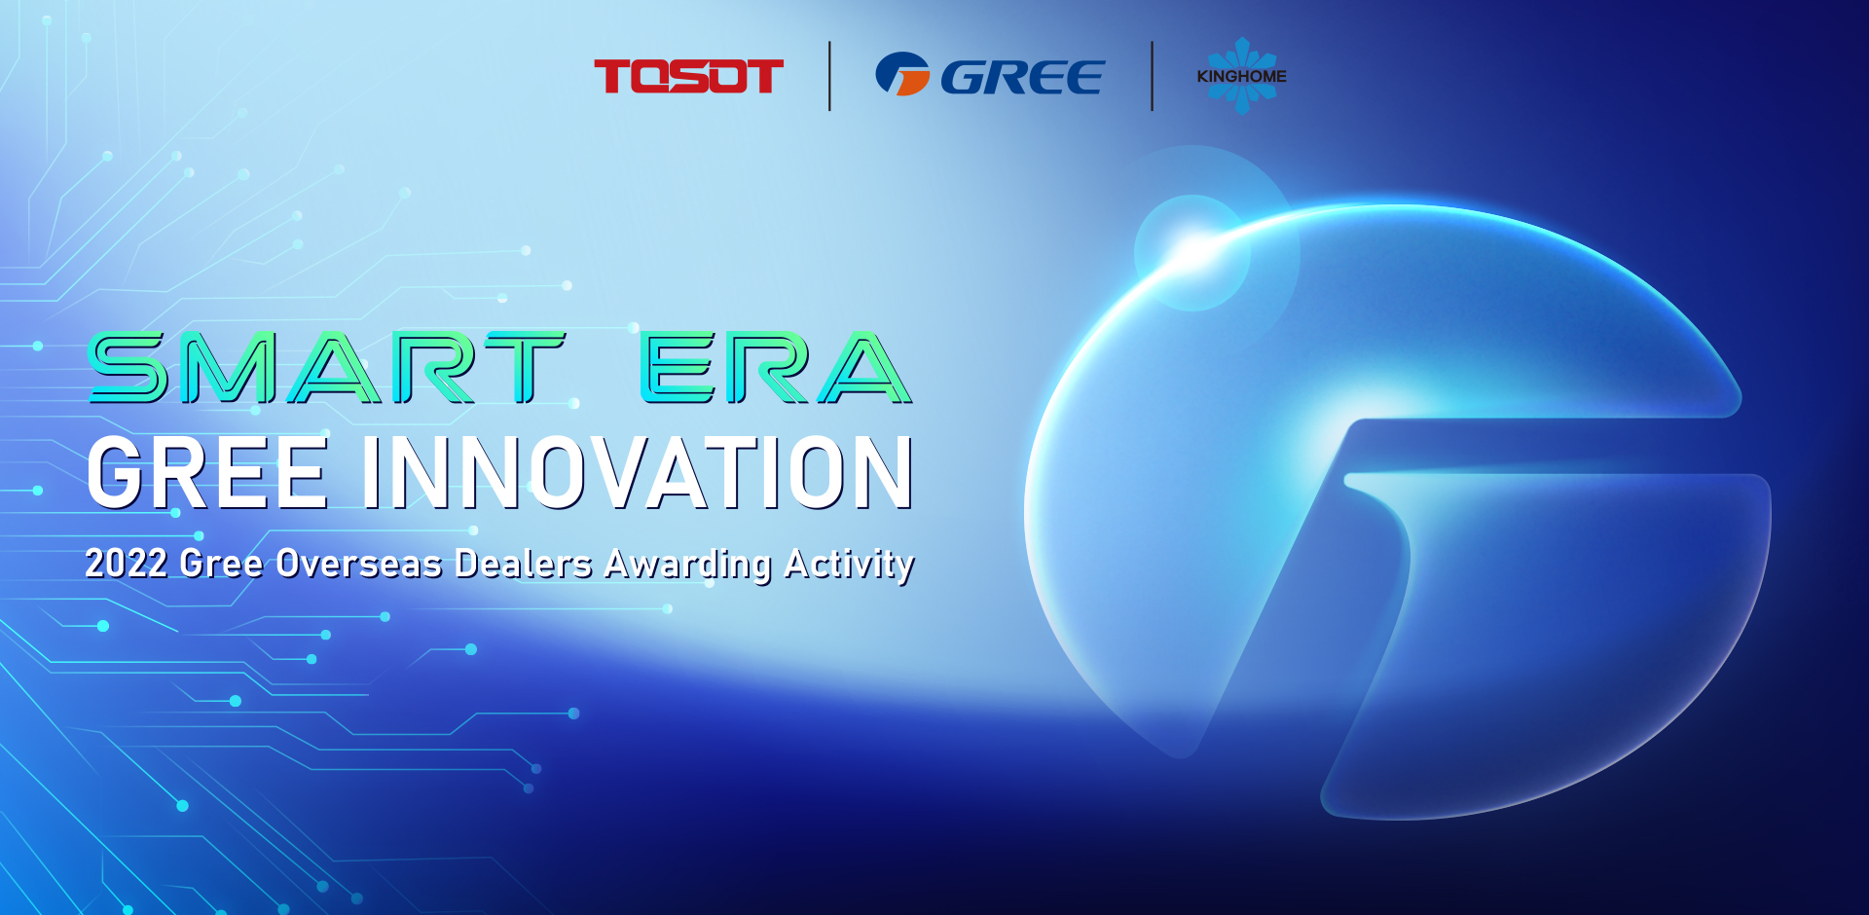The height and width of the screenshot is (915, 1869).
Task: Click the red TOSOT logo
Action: click(x=688, y=76)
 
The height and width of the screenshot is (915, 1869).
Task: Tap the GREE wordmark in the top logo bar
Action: click(x=1022, y=77)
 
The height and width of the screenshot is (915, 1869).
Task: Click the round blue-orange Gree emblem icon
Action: click(x=902, y=74)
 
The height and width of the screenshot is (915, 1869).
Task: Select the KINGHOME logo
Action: click(x=1241, y=76)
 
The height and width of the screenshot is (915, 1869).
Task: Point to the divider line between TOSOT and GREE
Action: click(x=829, y=76)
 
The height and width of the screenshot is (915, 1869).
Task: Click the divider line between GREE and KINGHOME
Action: click(x=1152, y=76)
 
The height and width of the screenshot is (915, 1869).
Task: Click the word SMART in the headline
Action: click(x=327, y=367)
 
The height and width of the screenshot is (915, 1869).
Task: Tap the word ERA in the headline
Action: click(x=776, y=367)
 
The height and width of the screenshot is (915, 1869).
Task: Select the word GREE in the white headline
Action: click(x=207, y=473)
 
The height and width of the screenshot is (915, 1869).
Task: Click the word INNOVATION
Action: click(x=639, y=473)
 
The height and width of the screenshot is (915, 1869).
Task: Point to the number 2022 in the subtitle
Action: click(x=126, y=563)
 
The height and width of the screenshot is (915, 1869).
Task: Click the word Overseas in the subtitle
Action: click(x=359, y=563)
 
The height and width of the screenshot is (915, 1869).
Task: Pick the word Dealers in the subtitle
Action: click(x=524, y=563)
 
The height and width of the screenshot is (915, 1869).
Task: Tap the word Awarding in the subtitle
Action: click(x=688, y=565)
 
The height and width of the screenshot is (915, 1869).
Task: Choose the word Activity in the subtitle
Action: click(x=850, y=565)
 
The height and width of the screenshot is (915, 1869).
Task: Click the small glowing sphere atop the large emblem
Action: click(x=1192, y=252)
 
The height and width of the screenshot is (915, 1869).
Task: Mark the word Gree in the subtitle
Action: click(x=221, y=563)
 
